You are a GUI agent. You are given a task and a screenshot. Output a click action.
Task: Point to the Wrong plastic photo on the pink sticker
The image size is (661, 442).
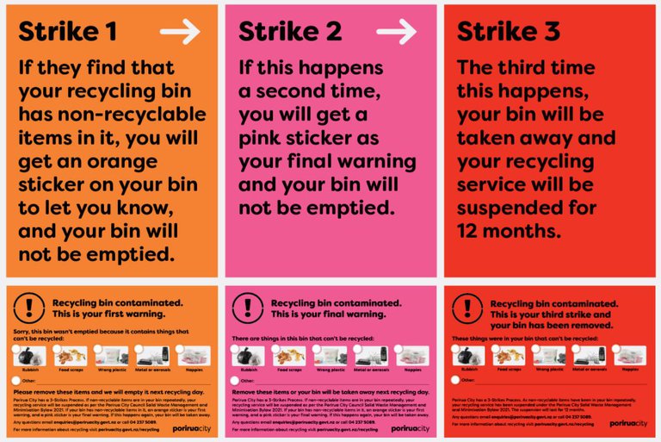(330, 356)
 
